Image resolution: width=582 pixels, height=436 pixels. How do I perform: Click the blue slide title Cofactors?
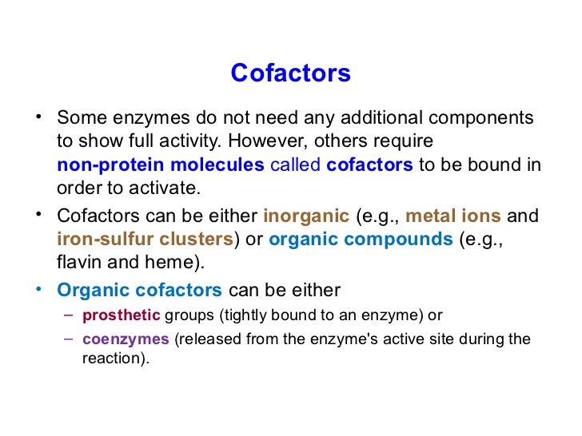[290, 73]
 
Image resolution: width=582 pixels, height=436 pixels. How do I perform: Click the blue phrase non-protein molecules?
[160, 165]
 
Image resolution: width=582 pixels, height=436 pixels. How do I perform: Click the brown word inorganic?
[307, 216]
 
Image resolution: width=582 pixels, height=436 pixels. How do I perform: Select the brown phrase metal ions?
[453, 216]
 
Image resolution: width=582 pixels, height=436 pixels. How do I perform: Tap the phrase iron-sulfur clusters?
[145, 239]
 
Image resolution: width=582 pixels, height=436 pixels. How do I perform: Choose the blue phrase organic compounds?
[361, 239]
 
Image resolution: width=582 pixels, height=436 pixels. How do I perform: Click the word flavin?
[79, 262]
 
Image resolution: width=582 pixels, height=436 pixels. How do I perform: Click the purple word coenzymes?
[126, 339]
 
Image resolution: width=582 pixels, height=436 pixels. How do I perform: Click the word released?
[208, 339]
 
